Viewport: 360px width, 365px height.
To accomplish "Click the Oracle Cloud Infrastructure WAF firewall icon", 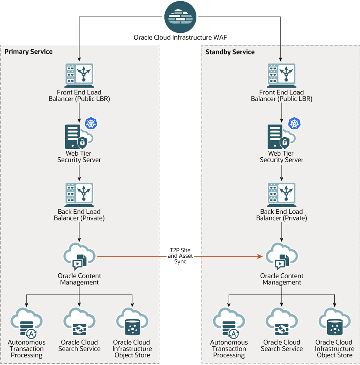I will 180,17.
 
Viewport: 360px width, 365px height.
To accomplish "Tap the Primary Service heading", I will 28,52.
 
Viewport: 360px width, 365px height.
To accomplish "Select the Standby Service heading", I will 230,52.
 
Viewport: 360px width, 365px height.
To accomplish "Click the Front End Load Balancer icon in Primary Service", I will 79,75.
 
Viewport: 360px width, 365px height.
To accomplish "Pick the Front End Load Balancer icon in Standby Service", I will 282,75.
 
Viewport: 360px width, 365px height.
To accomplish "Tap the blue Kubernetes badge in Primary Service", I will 92,124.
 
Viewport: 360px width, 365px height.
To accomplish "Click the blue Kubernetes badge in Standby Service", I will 294,124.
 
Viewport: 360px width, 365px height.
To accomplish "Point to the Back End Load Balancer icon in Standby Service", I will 282,195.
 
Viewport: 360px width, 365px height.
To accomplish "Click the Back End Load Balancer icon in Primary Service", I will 79,195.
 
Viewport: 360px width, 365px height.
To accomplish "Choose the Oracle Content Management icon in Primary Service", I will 79,257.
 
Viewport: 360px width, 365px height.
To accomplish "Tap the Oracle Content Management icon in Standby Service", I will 282,257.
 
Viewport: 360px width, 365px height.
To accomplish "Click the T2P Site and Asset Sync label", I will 177,256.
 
